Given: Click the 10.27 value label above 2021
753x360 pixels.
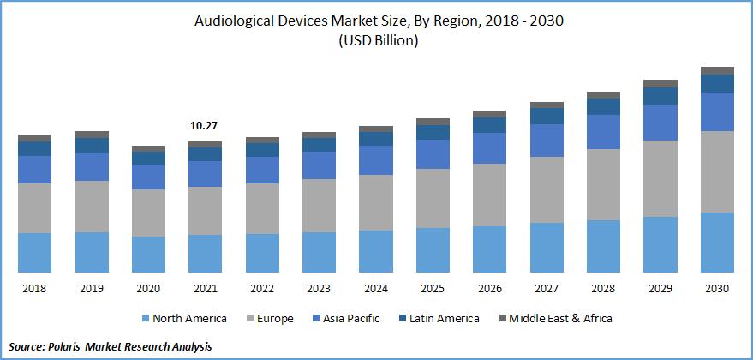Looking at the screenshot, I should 204,126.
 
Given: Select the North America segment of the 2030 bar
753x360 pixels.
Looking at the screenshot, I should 717,242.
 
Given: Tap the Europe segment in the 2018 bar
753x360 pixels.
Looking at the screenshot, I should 34,207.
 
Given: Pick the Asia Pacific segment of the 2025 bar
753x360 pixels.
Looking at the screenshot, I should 433,153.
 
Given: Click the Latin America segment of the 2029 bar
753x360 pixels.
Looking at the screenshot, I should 660,96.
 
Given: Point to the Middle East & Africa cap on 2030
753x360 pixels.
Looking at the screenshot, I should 717,70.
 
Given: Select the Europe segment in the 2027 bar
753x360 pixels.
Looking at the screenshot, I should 547,189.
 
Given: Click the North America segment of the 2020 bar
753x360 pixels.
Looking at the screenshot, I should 148,254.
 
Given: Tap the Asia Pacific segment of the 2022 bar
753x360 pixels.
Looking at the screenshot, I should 262,170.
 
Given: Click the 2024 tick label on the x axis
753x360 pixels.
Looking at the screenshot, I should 375,289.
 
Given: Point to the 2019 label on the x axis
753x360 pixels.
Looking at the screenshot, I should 91,289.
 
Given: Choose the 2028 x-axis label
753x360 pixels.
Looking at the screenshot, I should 603,289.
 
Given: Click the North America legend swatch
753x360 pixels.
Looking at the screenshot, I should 145,319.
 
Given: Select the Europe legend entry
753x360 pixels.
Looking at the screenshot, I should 273,319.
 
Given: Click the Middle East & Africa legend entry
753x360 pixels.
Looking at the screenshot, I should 561,319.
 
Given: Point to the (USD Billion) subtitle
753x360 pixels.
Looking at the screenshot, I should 377,41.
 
